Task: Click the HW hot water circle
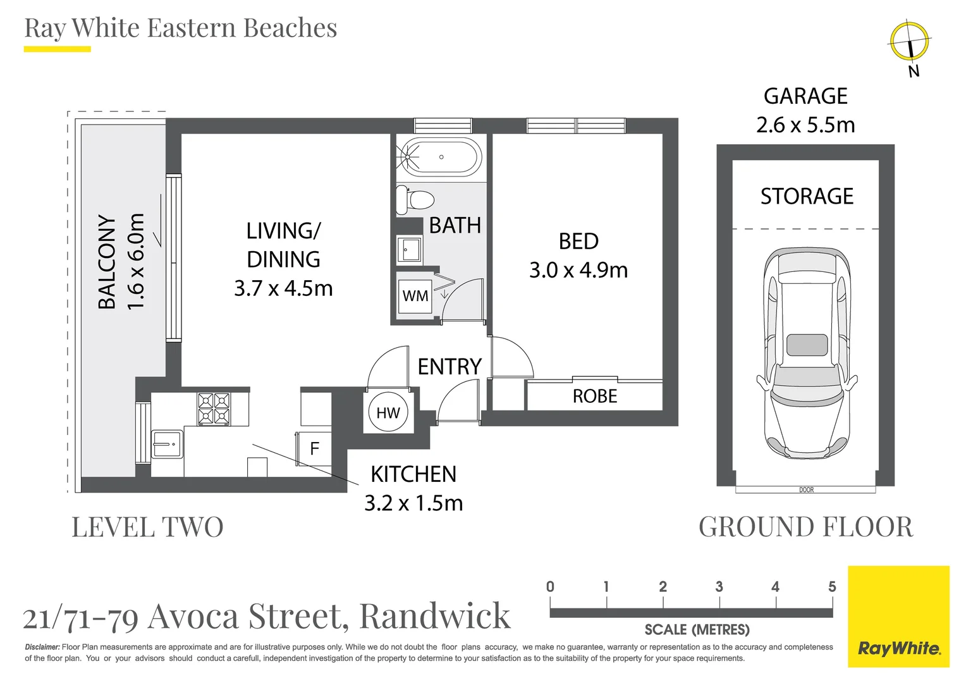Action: coord(388,412)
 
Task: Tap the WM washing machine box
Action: coord(415,295)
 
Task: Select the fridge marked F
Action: coord(314,449)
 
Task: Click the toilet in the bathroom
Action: coord(415,200)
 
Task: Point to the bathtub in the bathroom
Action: coord(439,157)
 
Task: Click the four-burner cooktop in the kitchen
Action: coord(214,409)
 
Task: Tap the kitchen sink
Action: coord(168,445)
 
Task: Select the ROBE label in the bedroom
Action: coord(595,396)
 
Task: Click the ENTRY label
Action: coord(449,367)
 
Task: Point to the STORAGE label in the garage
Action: coord(807,196)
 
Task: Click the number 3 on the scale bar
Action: coord(719,587)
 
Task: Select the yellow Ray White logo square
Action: coord(899,617)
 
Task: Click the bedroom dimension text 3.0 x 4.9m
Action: coord(578,271)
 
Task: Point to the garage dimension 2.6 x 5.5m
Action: coord(805,125)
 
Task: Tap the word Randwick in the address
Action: coord(435,616)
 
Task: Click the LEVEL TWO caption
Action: coord(147,527)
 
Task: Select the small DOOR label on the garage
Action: coord(806,489)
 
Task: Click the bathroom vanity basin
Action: coord(409,249)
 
